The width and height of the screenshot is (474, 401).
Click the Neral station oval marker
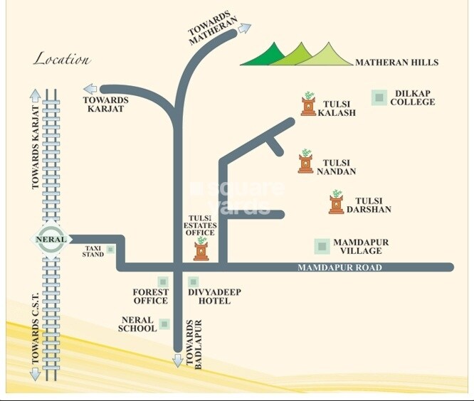(51, 240)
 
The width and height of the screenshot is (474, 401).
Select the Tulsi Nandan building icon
(306, 162)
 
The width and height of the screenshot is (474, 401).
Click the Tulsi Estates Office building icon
(201, 250)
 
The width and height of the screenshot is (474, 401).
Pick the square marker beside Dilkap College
(380, 97)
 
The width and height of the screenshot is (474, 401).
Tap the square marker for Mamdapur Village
(322, 246)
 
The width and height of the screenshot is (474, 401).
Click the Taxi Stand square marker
(110, 250)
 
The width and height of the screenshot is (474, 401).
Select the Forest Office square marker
(163, 282)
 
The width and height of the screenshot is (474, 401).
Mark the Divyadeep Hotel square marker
(193, 282)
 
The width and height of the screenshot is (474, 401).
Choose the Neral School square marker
(165, 324)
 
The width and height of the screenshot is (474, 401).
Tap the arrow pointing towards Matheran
(244, 28)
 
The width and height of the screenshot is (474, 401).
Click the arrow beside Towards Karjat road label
(90, 89)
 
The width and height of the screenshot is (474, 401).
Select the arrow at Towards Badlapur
(178, 360)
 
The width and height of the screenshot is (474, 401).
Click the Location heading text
(61, 60)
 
